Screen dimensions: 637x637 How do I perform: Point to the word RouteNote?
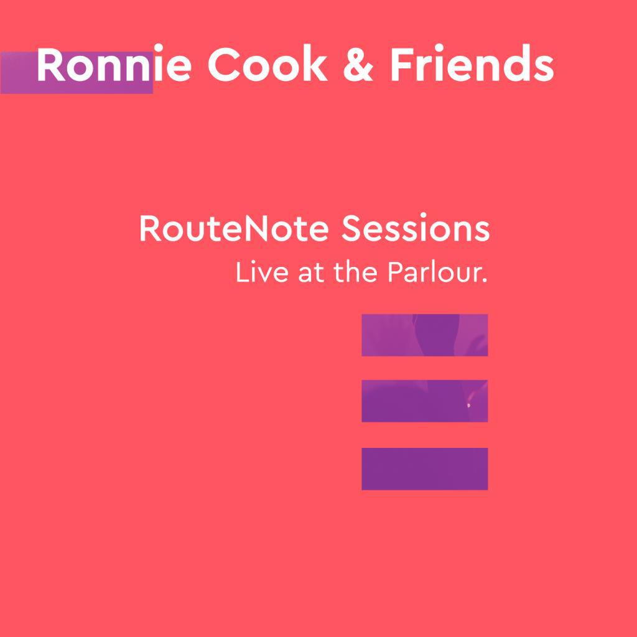[234, 229]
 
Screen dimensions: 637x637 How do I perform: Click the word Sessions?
[416, 229]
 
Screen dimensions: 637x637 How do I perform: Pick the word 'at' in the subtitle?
[312, 274]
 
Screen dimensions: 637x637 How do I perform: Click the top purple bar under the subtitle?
[424, 335]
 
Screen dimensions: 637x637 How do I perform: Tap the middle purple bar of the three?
[424, 401]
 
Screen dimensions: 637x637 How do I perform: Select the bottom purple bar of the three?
[424, 468]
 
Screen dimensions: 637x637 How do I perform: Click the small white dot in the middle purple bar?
[468, 406]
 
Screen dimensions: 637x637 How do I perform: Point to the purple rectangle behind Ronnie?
[19, 72]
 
